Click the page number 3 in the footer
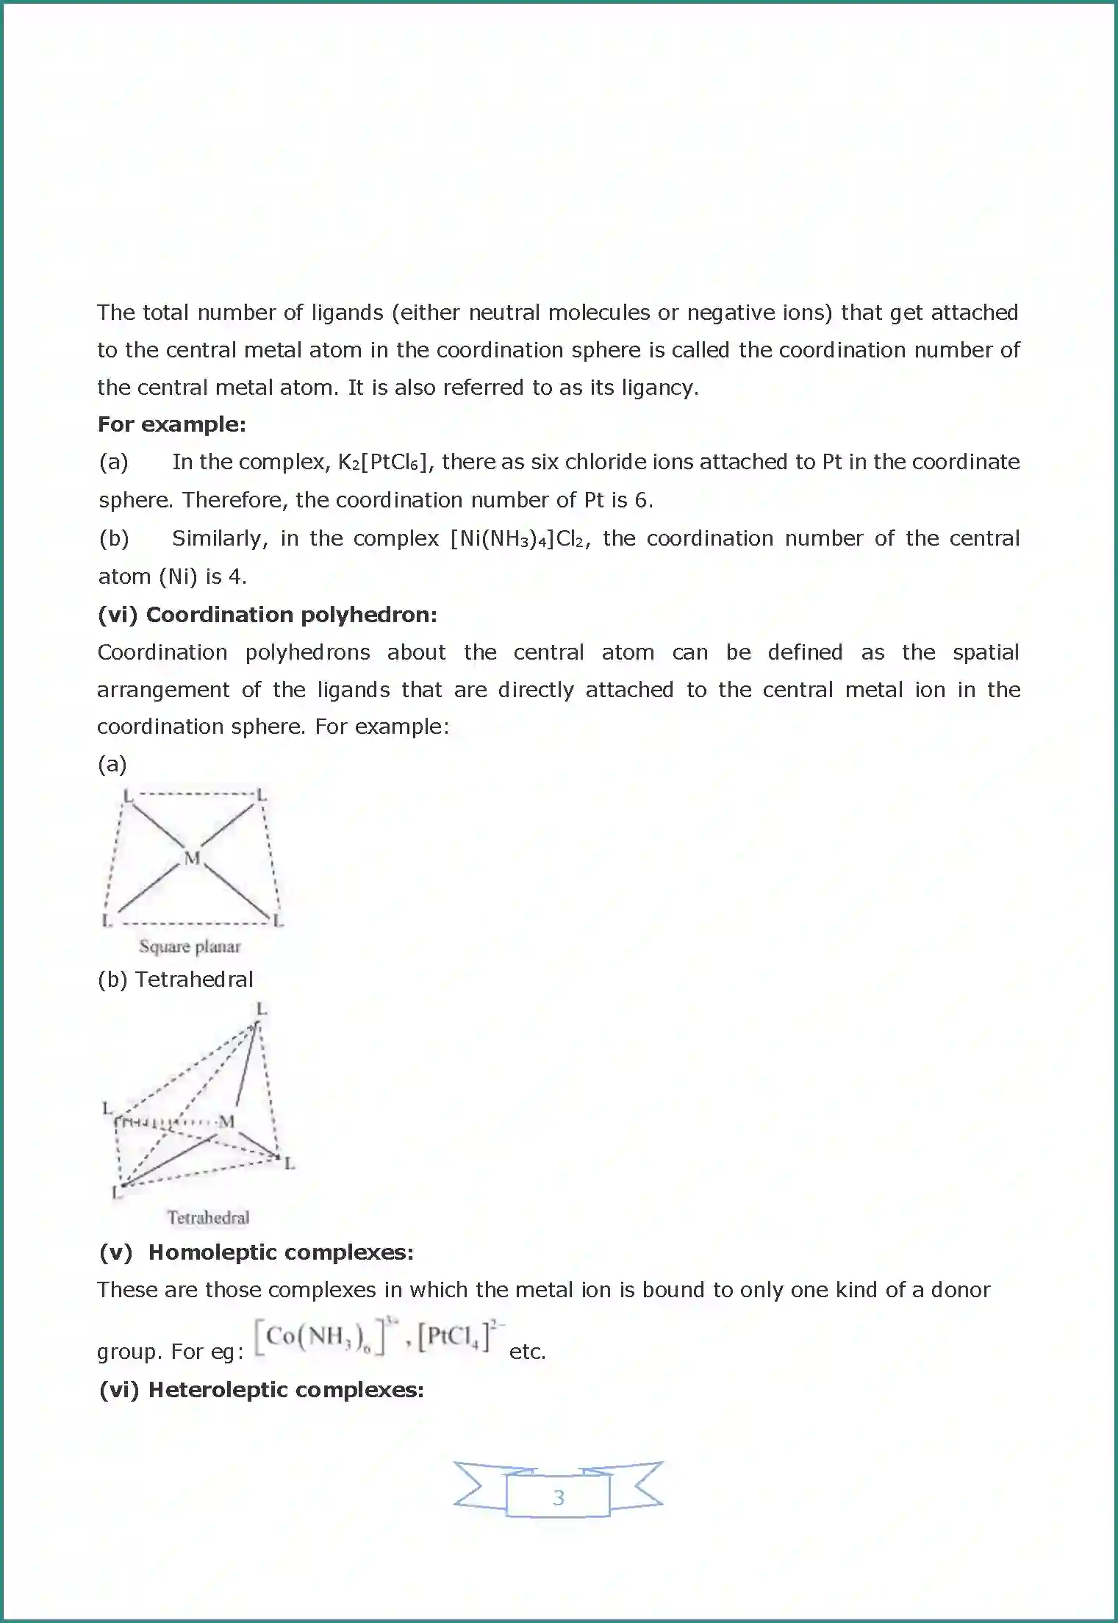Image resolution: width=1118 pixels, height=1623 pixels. [x=558, y=1497]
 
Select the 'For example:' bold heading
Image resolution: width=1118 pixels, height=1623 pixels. [x=171, y=424]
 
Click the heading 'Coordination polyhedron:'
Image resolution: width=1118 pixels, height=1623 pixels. [x=291, y=615]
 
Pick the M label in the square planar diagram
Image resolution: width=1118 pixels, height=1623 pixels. [x=192, y=857]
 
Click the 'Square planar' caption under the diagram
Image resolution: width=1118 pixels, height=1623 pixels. [x=190, y=946]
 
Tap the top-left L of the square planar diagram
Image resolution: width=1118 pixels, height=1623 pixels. [x=128, y=795]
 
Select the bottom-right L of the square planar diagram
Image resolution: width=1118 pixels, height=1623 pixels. [x=278, y=921]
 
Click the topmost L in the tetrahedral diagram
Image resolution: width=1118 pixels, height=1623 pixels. [x=261, y=1008]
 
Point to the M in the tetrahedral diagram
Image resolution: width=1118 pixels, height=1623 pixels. [x=226, y=1121]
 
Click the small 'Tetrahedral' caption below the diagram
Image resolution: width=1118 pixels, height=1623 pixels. [x=208, y=1218]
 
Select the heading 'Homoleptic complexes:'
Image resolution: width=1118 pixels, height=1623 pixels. [x=281, y=1252]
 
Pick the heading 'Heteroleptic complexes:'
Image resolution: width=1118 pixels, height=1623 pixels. [x=286, y=1390]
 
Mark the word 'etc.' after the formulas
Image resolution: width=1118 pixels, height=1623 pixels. [x=527, y=1352]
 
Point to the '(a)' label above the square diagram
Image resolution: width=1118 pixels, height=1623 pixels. [x=112, y=764]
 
